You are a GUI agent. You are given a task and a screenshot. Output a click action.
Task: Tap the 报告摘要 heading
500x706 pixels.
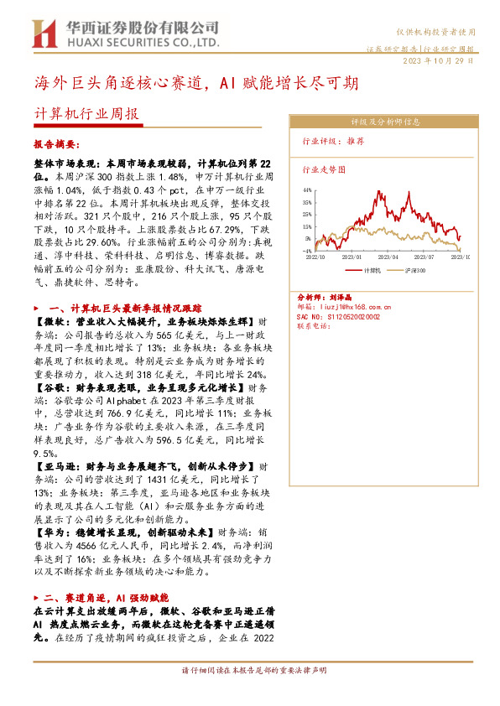click(55, 144)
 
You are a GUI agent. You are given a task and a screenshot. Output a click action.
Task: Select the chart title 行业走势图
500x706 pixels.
click(323, 168)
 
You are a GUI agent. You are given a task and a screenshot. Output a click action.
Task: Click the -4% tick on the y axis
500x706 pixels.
click(307, 250)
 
